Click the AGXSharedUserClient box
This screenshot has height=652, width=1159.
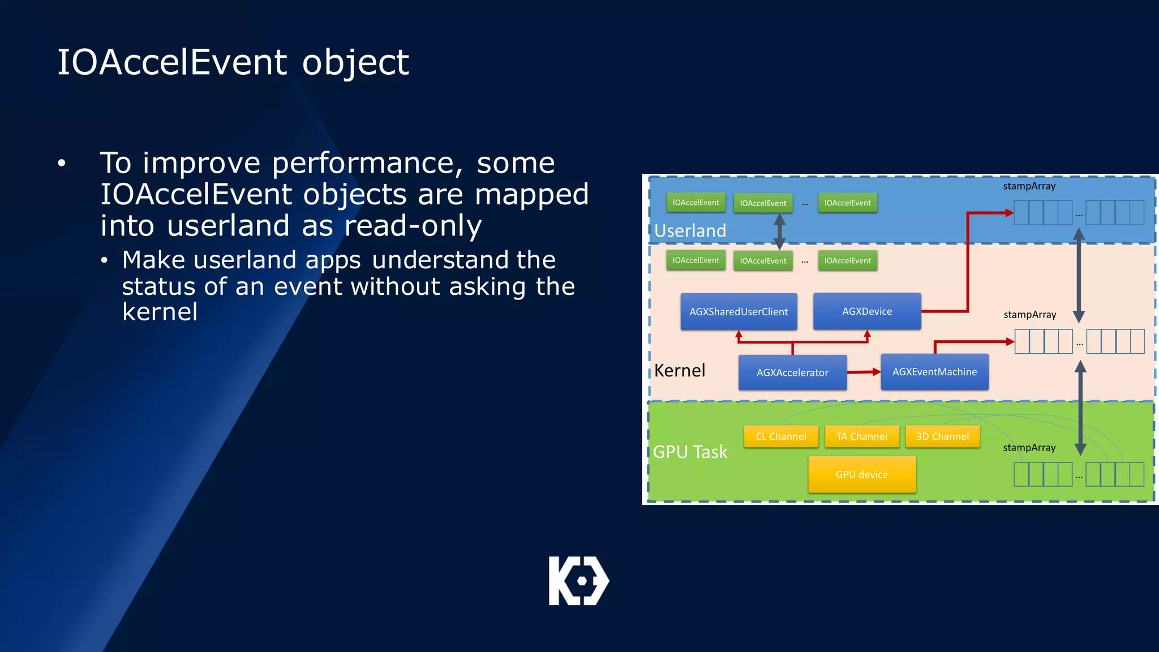tap(739, 311)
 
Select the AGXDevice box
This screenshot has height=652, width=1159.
tap(866, 311)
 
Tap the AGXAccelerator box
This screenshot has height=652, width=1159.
tap(792, 372)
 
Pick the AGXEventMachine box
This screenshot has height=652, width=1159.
tap(934, 372)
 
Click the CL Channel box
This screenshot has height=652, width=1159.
tap(781, 436)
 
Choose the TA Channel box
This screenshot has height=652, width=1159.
tap(862, 436)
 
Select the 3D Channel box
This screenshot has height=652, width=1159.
tap(942, 436)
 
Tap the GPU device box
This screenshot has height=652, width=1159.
tap(861, 474)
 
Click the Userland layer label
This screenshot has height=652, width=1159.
tap(690, 230)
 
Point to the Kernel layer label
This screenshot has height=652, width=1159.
tap(680, 370)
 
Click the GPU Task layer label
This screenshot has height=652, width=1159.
tap(690, 452)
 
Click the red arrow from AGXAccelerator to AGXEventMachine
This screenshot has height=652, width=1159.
tap(864, 372)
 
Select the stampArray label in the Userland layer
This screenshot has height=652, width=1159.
tap(1029, 186)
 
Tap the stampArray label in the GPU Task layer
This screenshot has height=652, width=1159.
tap(1029, 448)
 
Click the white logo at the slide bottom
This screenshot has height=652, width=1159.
tap(579, 581)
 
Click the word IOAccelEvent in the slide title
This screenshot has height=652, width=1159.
tap(172, 62)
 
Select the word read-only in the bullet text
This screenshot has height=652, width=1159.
tap(413, 226)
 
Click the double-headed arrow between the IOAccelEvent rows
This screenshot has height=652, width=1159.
tap(779, 232)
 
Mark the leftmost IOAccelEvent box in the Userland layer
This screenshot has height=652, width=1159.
tap(696, 203)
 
